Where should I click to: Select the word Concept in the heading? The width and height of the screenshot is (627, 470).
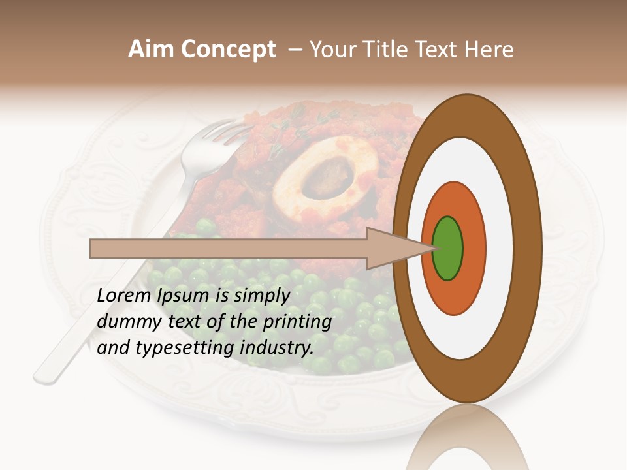point(227,50)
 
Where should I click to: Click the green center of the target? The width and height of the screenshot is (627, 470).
point(448,249)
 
